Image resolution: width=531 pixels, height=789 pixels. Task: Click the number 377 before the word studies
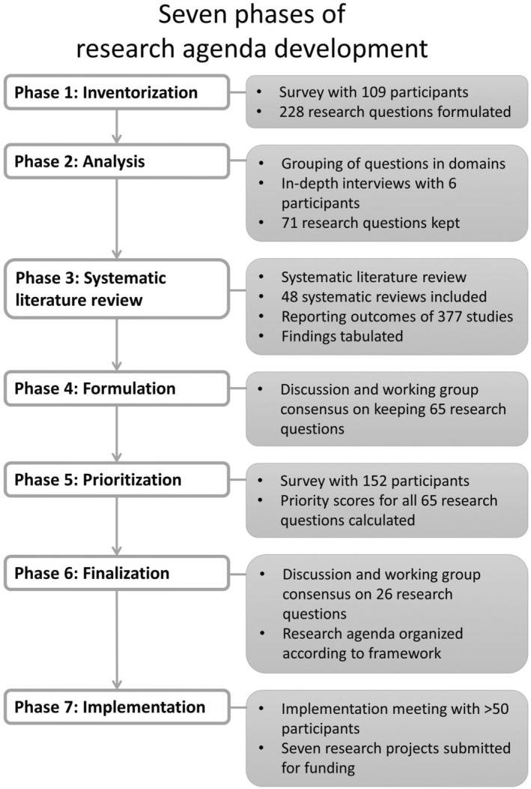(436, 316)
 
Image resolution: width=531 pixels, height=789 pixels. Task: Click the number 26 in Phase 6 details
(392, 595)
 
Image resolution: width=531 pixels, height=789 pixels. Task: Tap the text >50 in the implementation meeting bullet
(479, 708)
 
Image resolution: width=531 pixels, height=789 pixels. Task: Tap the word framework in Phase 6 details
(406, 653)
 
